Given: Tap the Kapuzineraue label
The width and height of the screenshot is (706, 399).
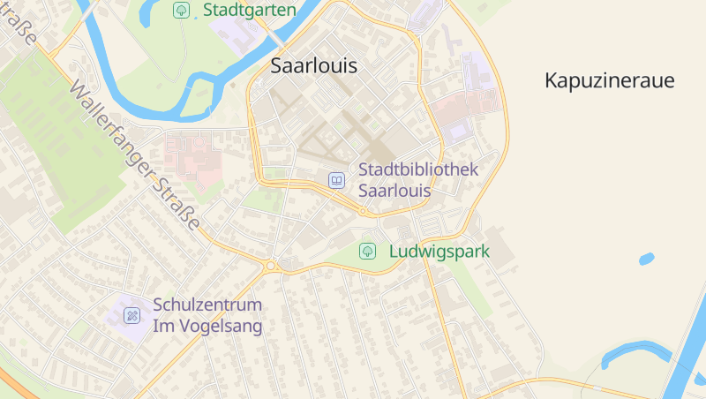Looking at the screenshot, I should [x=609, y=81].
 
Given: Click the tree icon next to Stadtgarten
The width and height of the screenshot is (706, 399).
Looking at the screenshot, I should [x=180, y=11].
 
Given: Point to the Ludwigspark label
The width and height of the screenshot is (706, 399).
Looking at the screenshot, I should [x=439, y=252].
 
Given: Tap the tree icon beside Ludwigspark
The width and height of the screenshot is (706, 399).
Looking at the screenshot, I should [x=367, y=252].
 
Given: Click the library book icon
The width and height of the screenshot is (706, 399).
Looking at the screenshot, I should [x=336, y=180].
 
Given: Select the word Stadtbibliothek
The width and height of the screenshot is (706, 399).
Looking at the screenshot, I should [x=418, y=169].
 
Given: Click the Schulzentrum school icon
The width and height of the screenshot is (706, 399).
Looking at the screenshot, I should [x=131, y=315].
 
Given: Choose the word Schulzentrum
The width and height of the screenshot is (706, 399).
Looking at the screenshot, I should [x=207, y=305].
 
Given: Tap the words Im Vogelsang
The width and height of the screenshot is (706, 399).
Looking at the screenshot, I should [x=207, y=327].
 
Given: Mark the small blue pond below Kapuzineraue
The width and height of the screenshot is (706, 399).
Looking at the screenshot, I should [x=646, y=259].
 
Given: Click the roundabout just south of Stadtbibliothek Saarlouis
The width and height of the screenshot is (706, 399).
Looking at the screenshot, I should [x=363, y=211].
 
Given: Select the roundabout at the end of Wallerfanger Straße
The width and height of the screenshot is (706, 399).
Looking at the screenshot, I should [x=271, y=265].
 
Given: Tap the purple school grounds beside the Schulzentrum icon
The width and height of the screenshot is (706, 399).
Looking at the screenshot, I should [x=124, y=327].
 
